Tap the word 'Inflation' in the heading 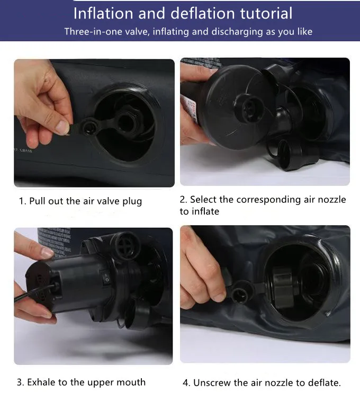click(103, 13)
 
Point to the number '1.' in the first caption click(23, 201)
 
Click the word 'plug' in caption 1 click(132, 201)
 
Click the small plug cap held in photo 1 click(89, 127)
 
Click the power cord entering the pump click(33, 293)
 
